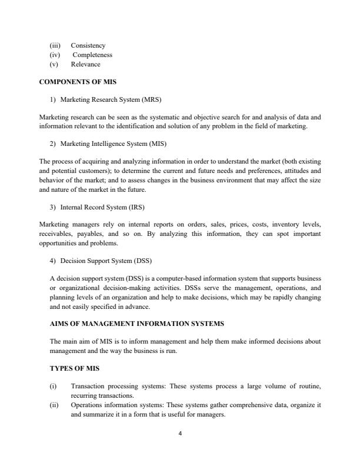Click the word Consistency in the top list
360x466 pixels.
[88, 45]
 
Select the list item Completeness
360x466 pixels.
[92, 55]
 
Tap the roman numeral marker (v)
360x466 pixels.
[55, 64]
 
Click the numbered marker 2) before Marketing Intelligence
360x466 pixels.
[54, 144]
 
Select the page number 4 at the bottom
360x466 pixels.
[180, 434]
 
